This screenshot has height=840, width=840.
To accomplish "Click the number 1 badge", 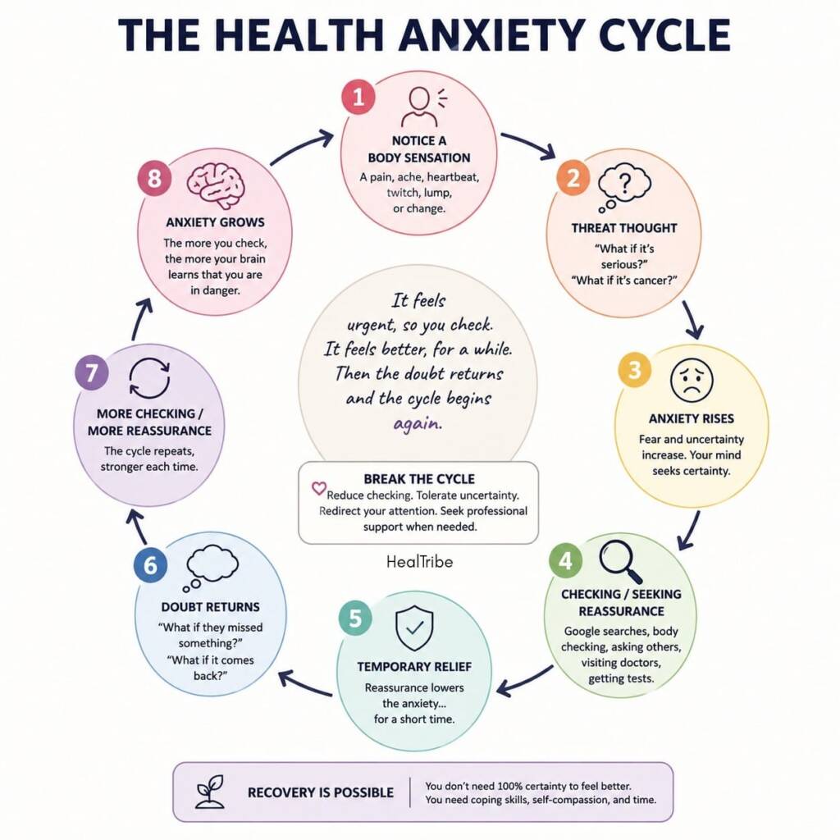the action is point(358,97).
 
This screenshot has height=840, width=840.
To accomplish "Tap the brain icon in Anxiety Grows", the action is point(216,185).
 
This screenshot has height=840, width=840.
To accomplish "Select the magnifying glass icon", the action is point(621,561).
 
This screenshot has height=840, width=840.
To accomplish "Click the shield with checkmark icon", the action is point(414,628).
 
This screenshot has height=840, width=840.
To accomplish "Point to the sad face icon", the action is point(692,380).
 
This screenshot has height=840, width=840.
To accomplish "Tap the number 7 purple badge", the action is point(92,372).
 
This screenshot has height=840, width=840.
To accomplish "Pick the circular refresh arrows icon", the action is point(149,378).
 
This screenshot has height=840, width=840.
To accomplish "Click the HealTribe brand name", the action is point(419,561).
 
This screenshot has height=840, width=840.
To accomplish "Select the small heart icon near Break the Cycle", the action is point(319,488).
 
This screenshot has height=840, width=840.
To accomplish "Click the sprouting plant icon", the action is point(210,792).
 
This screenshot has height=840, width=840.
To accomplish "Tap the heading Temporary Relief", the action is point(414,666).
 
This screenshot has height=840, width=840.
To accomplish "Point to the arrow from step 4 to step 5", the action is point(524,682).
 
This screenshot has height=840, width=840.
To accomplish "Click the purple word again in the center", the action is point(418,424).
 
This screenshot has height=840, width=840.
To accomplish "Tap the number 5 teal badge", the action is point(355,619).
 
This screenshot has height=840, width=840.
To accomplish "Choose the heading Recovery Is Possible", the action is point(321,792).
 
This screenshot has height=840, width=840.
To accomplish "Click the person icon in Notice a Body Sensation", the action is point(419,107).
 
